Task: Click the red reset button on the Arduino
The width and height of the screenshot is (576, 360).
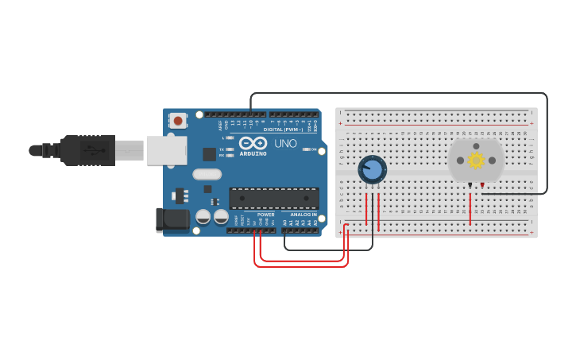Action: click(178, 121)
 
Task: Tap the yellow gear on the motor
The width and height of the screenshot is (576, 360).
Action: click(476, 160)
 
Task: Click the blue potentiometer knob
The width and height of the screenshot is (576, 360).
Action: click(372, 168)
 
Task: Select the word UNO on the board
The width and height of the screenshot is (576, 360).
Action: click(285, 144)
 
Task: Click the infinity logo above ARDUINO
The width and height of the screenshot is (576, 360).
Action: click(253, 143)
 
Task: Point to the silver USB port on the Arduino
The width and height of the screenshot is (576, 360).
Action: click(167, 150)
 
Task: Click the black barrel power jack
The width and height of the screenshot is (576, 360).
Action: click(172, 220)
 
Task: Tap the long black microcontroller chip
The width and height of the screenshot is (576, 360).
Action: click(274, 198)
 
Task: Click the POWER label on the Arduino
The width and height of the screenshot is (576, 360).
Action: click(265, 215)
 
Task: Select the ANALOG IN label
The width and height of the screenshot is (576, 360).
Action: click(303, 215)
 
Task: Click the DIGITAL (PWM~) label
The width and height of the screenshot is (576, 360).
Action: click(282, 129)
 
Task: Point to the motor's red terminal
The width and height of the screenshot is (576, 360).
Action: click(481, 185)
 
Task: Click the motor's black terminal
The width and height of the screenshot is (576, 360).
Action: click(470, 185)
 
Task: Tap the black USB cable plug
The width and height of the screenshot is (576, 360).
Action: click(87, 150)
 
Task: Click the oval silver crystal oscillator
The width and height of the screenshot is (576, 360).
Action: click(207, 174)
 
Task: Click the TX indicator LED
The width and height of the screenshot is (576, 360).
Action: click(230, 149)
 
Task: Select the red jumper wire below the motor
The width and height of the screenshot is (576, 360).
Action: click(470, 208)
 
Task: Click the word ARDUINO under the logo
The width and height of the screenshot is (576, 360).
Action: click(253, 153)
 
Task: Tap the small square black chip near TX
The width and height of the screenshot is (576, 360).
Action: click(210, 153)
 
